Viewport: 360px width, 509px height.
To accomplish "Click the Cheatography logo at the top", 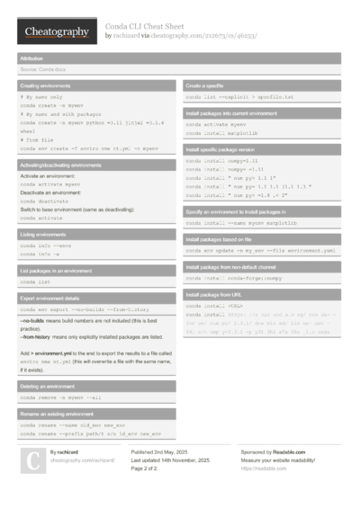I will [57, 32].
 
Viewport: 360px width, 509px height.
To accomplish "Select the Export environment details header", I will [56, 298].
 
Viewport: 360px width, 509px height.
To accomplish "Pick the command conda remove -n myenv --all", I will [62, 397].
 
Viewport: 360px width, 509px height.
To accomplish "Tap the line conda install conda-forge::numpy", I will [235, 278].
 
